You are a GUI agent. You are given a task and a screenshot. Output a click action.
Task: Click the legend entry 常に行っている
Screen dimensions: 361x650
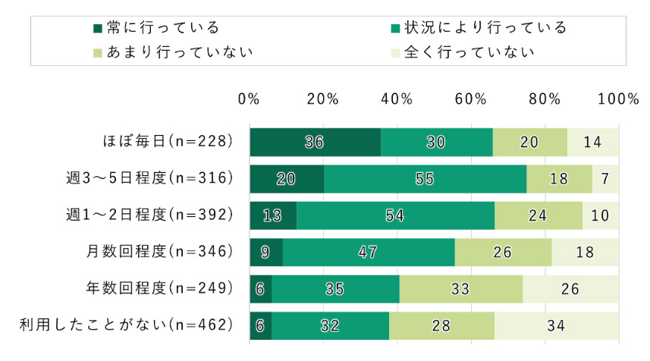click(x=156, y=28)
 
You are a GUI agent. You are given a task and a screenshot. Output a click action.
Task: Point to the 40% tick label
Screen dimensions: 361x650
click(x=397, y=99)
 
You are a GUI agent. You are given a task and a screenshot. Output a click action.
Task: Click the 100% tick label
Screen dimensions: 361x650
click(x=619, y=99)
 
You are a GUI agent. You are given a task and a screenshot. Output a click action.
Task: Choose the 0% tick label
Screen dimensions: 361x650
click(x=249, y=99)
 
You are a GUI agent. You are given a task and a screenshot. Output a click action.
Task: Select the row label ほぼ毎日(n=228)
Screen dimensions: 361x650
click(x=166, y=142)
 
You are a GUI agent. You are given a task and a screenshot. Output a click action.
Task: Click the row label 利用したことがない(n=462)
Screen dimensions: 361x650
click(x=124, y=325)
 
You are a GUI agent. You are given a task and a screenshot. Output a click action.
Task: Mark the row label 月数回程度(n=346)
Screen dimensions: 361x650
click(x=159, y=252)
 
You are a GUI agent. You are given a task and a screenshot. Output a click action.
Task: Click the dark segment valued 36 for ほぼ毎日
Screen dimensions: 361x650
click(x=315, y=142)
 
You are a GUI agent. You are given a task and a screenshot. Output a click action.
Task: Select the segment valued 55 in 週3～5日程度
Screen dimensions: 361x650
click(x=425, y=179)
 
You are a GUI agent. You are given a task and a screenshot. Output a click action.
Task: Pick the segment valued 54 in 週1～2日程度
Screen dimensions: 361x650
click(x=395, y=215)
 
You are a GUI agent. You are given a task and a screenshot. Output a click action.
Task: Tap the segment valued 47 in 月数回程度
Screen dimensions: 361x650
click(x=369, y=252)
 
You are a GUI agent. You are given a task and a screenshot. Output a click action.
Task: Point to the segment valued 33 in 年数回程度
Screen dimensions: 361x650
click(x=460, y=289)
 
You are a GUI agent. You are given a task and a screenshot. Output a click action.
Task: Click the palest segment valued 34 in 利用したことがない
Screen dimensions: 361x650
click(x=557, y=325)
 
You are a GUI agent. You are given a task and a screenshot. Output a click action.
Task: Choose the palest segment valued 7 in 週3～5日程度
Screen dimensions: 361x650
click(x=605, y=179)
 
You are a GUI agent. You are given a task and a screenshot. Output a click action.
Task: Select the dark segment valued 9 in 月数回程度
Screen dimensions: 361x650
click(x=265, y=252)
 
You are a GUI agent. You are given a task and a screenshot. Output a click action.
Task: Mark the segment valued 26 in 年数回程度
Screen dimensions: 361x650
click(x=570, y=289)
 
